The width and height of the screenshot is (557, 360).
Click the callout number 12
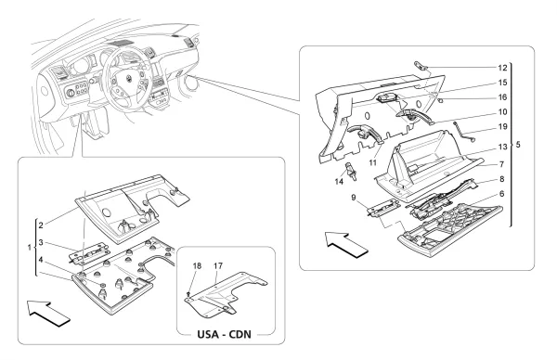(502, 68)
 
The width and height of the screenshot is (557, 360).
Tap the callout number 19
(502, 127)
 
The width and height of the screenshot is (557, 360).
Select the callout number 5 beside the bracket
(518, 145)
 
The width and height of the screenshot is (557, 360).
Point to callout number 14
(339, 182)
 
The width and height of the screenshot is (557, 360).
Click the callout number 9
(354, 197)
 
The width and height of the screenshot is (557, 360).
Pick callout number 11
(372, 162)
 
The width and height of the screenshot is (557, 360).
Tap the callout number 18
(197, 266)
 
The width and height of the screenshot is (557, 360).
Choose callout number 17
(218, 266)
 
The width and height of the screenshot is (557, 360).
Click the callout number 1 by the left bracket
(30, 248)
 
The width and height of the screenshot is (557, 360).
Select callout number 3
(41, 242)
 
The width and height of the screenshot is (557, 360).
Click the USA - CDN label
(224, 334)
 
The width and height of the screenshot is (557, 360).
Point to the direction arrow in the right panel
(346, 244)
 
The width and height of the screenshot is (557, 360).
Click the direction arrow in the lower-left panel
(48, 313)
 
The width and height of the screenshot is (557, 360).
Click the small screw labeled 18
(188, 293)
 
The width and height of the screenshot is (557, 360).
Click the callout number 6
(501, 194)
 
